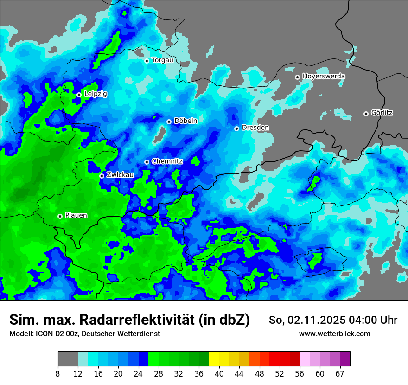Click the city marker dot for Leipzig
click(x=79, y=95)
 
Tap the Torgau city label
click(x=162, y=60)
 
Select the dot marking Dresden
click(x=236, y=128)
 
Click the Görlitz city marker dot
click(x=366, y=114)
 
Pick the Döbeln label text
click(x=185, y=121)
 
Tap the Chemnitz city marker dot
click(x=147, y=162)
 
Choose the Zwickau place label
click(x=120, y=175)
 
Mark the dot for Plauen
click(x=60, y=216)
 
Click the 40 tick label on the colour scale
click(x=219, y=374)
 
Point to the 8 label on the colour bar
click(x=58, y=374)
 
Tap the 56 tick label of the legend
click(x=300, y=374)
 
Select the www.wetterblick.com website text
click(x=334, y=334)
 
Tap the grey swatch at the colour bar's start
click(x=68, y=359)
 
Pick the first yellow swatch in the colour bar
click(x=214, y=359)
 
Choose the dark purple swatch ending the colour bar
click(x=345, y=359)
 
